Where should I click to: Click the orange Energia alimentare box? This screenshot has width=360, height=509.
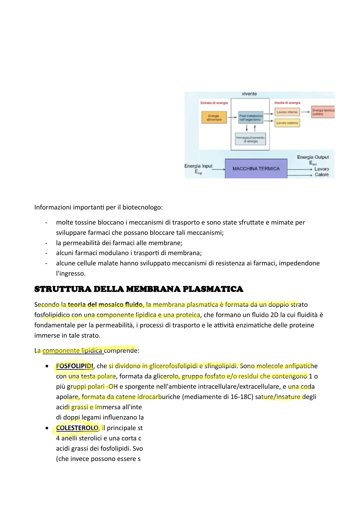214,118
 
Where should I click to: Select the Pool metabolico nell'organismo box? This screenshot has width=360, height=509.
251,118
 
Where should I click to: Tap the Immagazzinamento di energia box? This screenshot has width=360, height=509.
250,139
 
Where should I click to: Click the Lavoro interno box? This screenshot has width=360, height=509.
287,112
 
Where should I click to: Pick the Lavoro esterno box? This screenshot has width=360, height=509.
287,123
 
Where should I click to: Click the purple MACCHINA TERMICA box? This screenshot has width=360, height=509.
256,169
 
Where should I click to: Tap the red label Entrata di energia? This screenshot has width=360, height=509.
214,103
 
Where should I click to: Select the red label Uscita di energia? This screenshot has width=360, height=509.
287,103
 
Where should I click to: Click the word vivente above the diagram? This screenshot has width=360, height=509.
249,94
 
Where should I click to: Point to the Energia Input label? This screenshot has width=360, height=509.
198,166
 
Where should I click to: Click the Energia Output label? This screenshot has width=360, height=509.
313,157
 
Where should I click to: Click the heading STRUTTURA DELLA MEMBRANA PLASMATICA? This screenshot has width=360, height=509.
139,289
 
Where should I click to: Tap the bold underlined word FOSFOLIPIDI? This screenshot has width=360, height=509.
74,366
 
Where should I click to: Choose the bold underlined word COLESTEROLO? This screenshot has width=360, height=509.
77,428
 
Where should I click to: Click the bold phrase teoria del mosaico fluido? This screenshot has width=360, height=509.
105,305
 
